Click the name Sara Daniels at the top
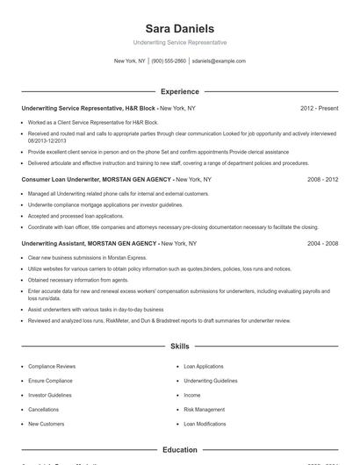pos(179,29)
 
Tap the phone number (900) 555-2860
pos(169,61)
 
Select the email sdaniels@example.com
pos(219,61)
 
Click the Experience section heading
pos(179,91)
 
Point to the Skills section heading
pos(179,347)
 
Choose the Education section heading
pos(179,450)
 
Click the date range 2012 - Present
pos(319,108)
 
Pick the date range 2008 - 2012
pos(322,179)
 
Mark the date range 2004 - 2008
pos(322,243)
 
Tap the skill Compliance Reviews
pos(52,366)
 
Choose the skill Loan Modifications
pos(205,424)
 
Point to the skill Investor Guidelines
pos(50,395)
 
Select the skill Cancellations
pos(44,410)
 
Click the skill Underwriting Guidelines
pos(211,381)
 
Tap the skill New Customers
pos(47,424)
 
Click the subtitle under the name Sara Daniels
pos(179,42)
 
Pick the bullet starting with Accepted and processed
pos(76,216)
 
